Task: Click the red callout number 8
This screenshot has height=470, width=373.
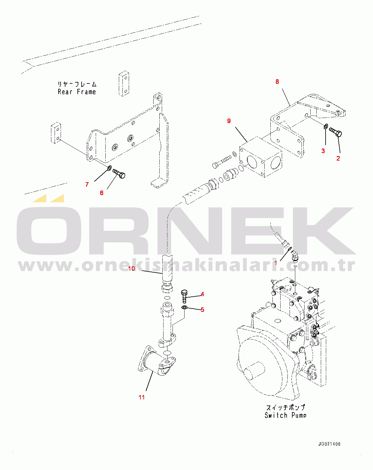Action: pyautogui.click(x=277, y=82)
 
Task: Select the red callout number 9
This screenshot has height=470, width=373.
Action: pyautogui.click(x=229, y=121)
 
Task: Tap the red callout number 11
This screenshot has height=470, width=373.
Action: pyautogui.click(x=142, y=397)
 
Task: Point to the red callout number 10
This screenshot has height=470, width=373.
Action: pyautogui.click(x=131, y=268)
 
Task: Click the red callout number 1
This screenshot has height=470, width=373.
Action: pyautogui.click(x=275, y=263)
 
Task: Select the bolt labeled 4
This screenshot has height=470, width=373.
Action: pyautogui.click(x=184, y=296)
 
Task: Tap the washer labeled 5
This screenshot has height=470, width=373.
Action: pyautogui.click(x=184, y=308)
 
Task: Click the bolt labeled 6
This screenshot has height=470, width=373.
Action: pyautogui.click(x=119, y=173)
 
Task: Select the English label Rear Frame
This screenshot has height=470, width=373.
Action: pyautogui.click(x=77, y=92)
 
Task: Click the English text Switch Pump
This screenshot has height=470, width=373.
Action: pyautogui.click(x=285, y=415)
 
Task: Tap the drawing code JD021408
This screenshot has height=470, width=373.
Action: pyautogui.click(x=329, y=444)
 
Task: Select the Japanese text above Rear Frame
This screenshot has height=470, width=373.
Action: pyautogui.click(x=77, y=84)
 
